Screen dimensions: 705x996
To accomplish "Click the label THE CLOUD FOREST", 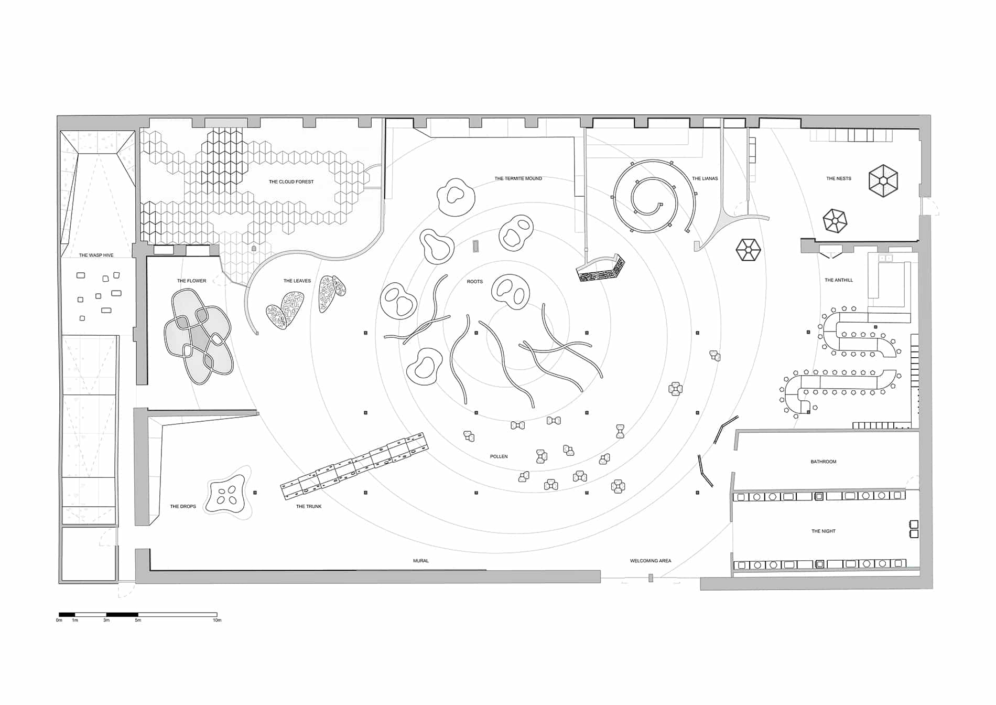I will click(x=291, y=182).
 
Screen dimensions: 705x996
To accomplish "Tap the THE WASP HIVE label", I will click(x=96, y=255).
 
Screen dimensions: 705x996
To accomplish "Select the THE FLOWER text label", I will click(x=191, y=281).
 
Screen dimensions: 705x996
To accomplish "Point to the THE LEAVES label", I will click(x=297, y=281).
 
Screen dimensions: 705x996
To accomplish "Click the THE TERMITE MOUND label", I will click(x=518, y=179).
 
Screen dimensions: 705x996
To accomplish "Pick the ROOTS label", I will click(x=474, y=282).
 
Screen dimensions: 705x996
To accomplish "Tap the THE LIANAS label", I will click(x=705, y=179).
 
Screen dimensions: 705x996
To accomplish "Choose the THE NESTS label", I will click(x=839, y=179).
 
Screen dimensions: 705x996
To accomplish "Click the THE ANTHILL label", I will click(x=839, y=280).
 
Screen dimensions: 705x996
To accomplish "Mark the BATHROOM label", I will click(x=824, y=462).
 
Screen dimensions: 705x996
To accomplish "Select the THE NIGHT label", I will click(x=824, y=531).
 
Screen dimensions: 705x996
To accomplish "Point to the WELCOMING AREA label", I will click(x=651, y=561).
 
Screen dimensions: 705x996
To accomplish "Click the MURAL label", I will click(x=420, y=561).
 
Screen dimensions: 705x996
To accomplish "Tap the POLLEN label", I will click(x=499, y=457).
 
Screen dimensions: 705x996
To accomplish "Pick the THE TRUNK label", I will click(x=309, y=507).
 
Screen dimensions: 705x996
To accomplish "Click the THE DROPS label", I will click(x=183, y=507).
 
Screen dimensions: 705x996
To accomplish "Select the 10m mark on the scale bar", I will click(x=217, y=621).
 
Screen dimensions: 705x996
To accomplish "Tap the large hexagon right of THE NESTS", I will click(x=883, y=181).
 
